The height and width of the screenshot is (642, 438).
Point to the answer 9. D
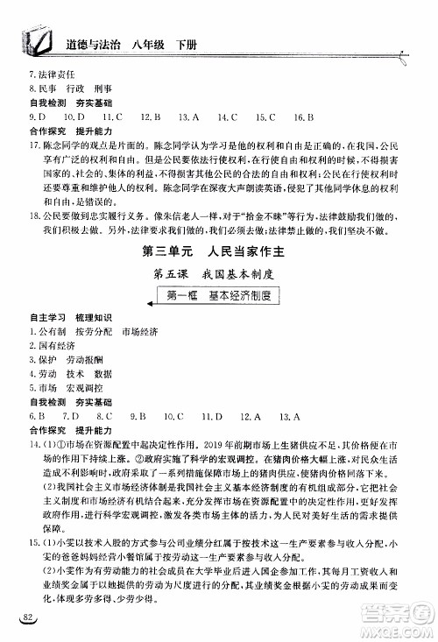pos(38,116)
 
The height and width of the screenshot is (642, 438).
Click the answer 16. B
pos(304,116)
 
